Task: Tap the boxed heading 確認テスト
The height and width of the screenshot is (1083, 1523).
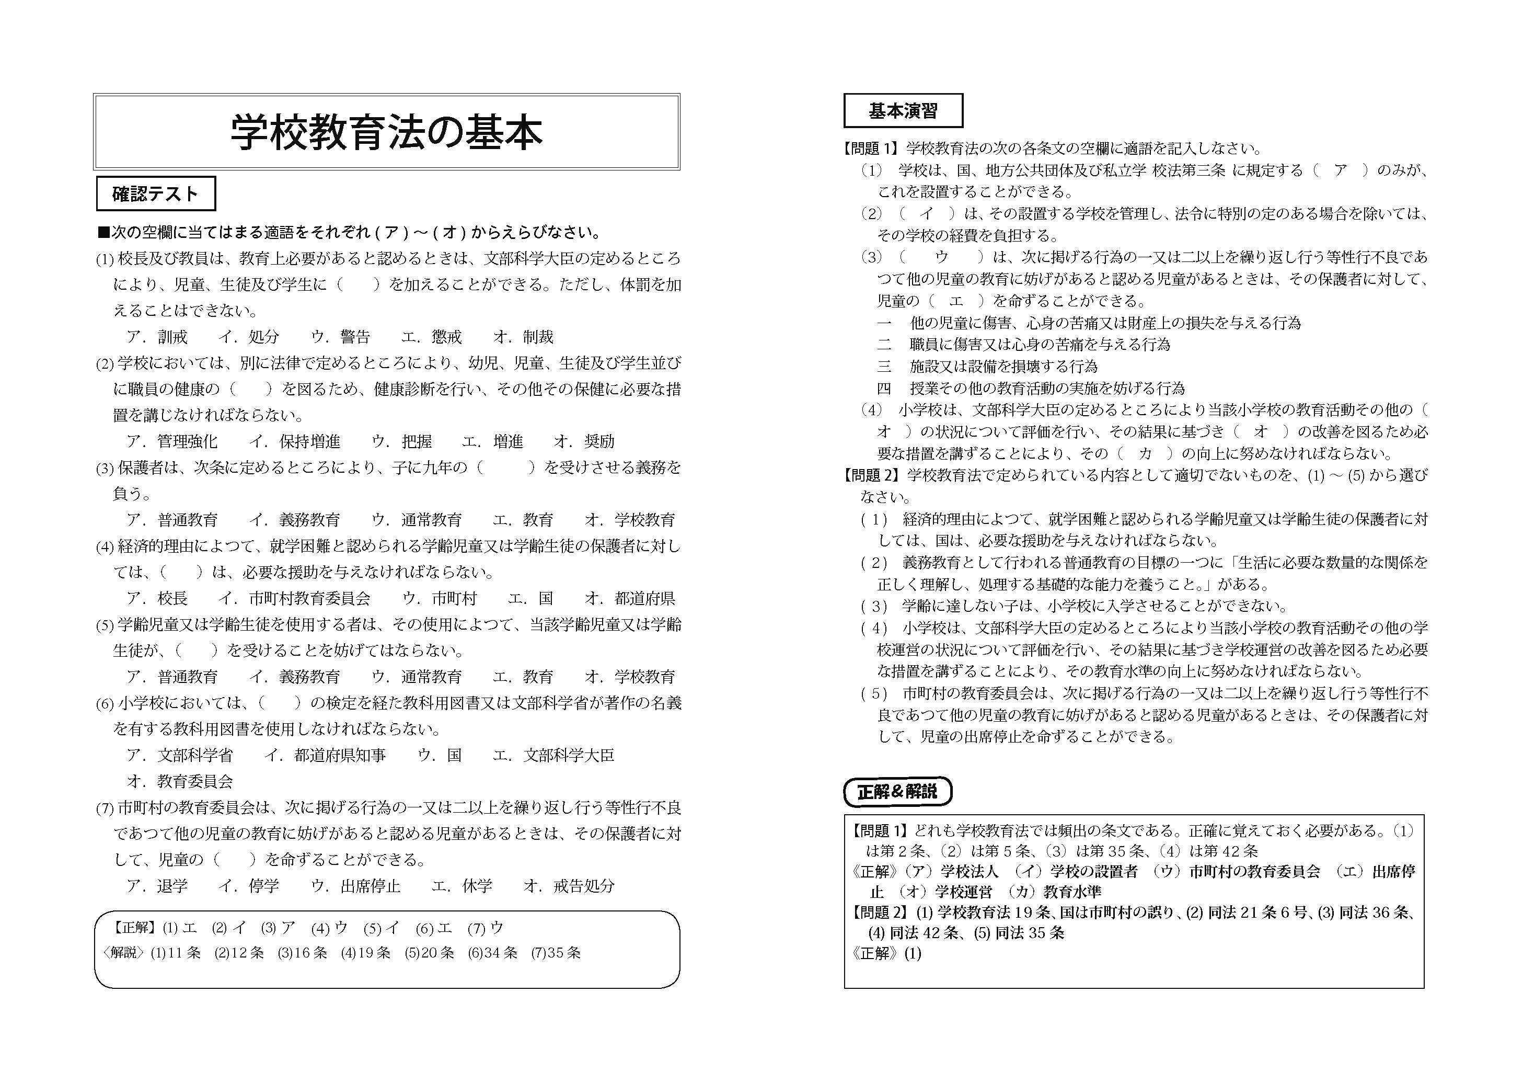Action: click(x=155, y=194)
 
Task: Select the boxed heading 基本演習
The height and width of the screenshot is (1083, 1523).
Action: click(x=903, y=111)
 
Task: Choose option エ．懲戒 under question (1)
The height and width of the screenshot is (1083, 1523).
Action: click(x=431, y=337)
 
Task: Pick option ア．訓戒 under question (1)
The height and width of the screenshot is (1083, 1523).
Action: click(x=157, y=337)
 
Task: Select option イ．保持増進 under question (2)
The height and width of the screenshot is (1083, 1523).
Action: click(x=295, y=441)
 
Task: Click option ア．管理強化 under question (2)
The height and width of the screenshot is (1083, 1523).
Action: click(x=172, y=441)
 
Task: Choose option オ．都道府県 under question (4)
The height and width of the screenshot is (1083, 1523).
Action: click(x=630, y=598)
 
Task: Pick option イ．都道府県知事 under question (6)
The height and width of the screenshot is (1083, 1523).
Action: click(x=325, y=755)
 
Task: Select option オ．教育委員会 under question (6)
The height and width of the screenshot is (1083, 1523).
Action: click(x=179, y=781)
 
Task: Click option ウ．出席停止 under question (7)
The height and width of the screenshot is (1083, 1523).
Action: click(x=356, y=886)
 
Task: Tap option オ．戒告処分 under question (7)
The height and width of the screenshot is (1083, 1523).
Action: click(x=569, y=886)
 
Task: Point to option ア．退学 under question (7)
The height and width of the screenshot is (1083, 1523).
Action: click(x=157, y=886)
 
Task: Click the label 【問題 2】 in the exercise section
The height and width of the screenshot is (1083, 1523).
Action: click(x=871, y=475)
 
